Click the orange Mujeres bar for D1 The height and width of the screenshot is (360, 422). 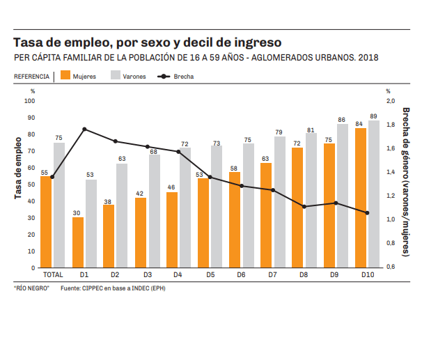pyautogui.click(x=78, y=242)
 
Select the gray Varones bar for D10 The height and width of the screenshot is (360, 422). pyautogui.click(x=374, y=194)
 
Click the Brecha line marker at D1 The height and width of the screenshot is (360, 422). pyautogui.click(x=84, y=129)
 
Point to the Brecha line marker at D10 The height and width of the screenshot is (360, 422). pyautogui.click(x=367, y=213)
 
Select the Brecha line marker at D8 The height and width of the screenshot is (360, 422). pyautogui.click(x=304, y=206)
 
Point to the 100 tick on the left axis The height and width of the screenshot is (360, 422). pyautogui.click(x=30, y=101)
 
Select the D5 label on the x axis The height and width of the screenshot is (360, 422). pyautogui.click(x=210, y=276)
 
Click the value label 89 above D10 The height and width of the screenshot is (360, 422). pyautogui.click(x=374, y=116)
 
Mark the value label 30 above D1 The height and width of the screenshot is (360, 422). pyautogui.click(x=78, y=213)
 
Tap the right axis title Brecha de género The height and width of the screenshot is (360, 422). pyautogui.click(x=406, y=183)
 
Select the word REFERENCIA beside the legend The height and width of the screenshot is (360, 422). pyautogui.click(x=31, y=76)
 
